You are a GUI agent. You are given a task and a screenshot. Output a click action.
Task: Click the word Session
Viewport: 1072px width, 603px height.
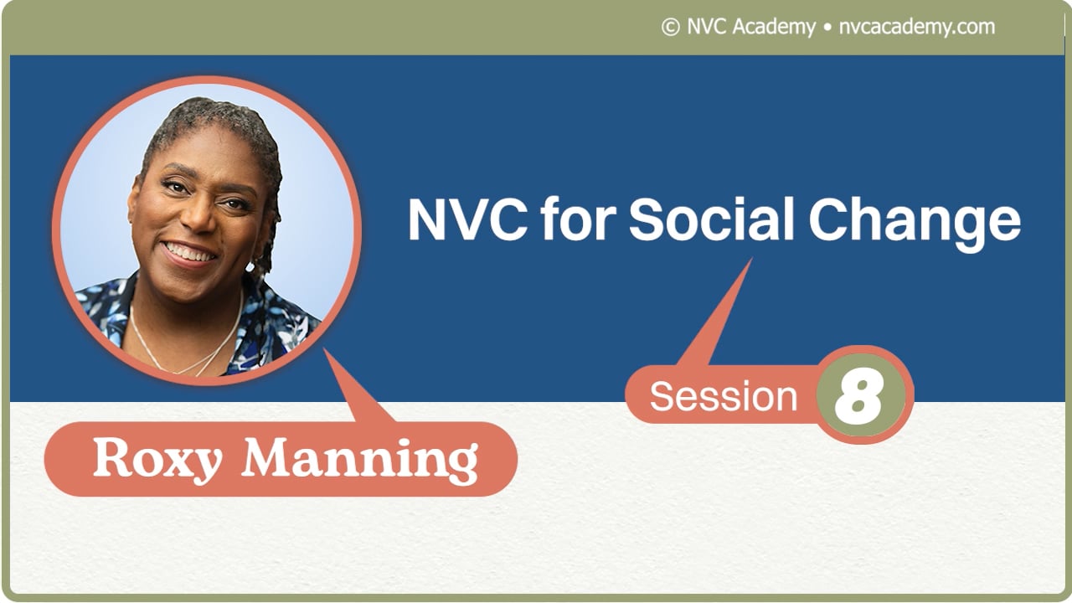coord(724,396)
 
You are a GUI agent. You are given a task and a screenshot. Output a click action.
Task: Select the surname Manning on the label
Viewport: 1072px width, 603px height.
coord(360,460)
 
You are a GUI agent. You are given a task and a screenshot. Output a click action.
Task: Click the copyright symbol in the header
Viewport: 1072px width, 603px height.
coord(670,28)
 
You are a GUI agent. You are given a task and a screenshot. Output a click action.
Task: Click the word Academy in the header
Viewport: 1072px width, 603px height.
coord(773,27)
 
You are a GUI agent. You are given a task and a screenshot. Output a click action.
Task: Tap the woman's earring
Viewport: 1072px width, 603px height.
coord(250,266)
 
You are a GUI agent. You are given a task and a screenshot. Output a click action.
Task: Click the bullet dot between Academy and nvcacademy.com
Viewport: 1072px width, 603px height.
coord(827,28)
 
